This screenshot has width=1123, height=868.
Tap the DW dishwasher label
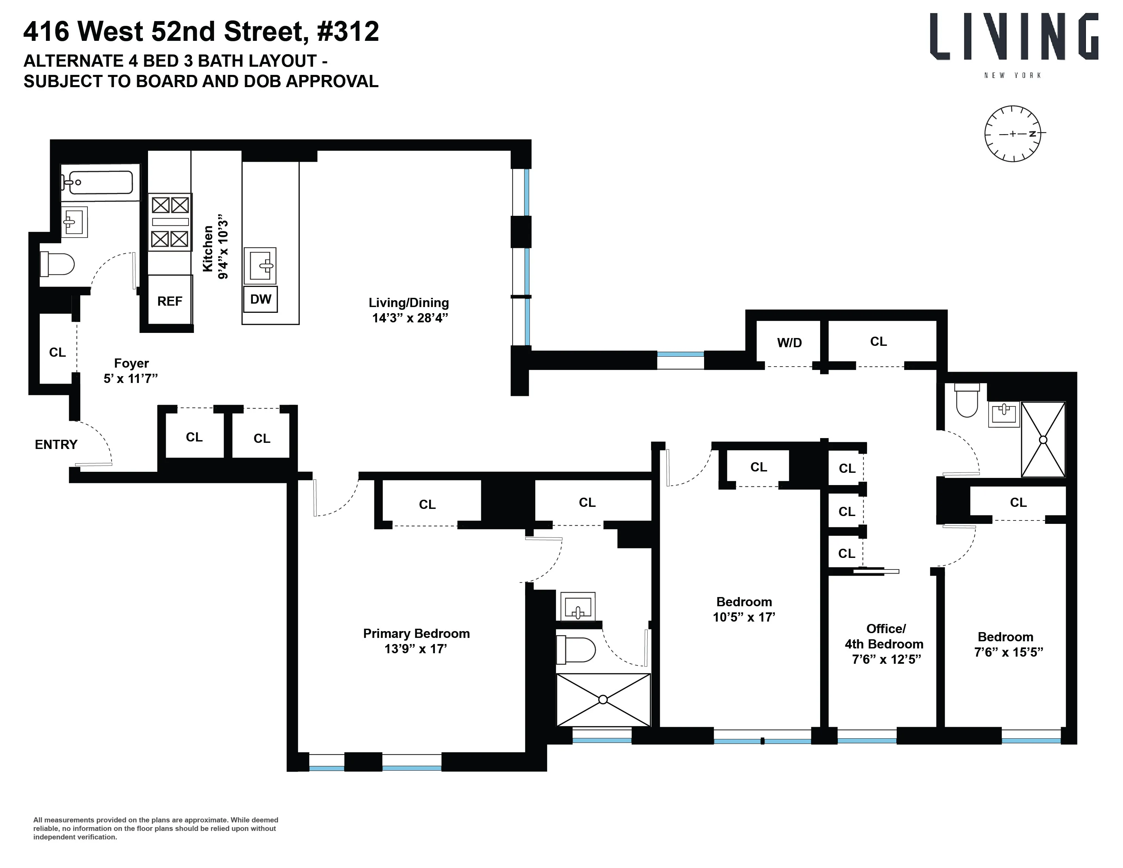tap(261, 299)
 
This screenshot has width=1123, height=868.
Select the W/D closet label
tap(789, 342)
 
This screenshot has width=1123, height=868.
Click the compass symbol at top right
tap(1012, 134)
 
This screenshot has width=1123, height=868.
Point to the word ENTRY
tap(56, 444)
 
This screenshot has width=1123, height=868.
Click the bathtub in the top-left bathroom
tap(101, 182)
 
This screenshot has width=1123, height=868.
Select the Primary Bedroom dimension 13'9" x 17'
tap(416, 649)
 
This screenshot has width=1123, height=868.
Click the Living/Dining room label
tap(409, 303)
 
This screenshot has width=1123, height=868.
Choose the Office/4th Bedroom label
tap(884, 636)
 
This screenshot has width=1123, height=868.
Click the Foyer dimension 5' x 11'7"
tap(131, 379)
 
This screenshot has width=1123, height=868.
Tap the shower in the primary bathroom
tap(603, 700)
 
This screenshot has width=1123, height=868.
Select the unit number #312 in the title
tap(348, 32)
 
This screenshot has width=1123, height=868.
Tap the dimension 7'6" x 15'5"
tap(1008, 652)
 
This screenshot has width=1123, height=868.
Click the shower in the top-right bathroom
tap(1043, 440)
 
